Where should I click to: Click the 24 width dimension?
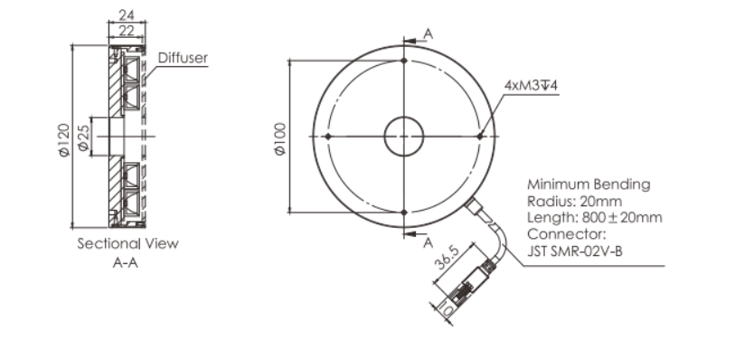tap(127, 15)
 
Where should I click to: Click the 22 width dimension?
tap(127, 31)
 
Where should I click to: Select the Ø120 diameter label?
tap(64, 139)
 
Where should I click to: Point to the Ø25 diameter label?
tap(83, 137)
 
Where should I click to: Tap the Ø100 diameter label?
tap(280, 138)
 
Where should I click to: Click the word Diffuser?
tap(183, 58)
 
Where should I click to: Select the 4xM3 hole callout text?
tap(531, 85)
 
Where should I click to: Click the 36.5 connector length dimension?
tap(447, 258)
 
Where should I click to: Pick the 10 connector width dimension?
tap(446, 310)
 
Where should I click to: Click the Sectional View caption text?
tap(128, 243)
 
